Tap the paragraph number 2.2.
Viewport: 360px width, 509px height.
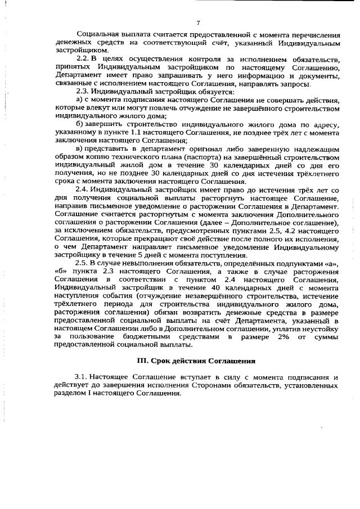(x=83, y=60)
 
